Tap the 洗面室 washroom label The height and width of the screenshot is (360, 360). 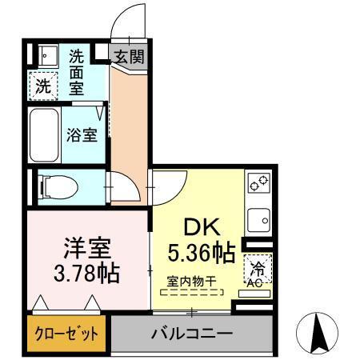pos(77,72)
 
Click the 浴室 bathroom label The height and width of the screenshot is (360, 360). pos(82,134)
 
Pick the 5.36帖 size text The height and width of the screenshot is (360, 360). pos(201,254)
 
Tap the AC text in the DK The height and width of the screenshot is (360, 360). pos(256,283)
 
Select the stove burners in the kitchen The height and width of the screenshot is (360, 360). pos(258,184)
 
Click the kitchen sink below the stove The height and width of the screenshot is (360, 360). pos(258,218)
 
